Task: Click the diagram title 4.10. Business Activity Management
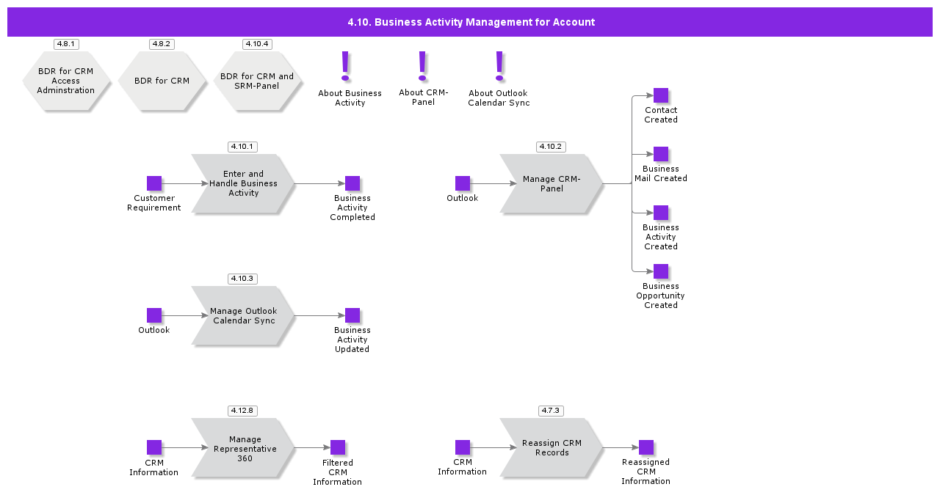coord(471,22)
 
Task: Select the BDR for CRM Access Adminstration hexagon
coord(66,81)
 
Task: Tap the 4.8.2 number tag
coord(162,44)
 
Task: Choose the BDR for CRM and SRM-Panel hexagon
coord(257,81)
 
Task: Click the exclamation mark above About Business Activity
coord(345,66)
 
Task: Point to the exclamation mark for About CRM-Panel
coord(422,66)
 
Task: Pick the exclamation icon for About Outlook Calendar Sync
coord(499,66)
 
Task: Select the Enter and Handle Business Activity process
coord(243,183)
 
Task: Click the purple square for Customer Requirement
coord(154,183)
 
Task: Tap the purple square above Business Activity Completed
coord(352,183)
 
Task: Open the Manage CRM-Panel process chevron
coord(552,183)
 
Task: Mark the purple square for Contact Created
coord(661,95)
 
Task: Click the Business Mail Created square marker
coord(661,154)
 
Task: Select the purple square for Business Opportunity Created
coord(661,271)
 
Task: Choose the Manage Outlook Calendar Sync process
coord(243,315)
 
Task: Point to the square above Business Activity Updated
coord(352,315)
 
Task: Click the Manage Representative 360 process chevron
coord(243,448)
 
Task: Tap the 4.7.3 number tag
coord(551,411)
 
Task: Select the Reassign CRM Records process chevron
coord(552,448)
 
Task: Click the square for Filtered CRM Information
coord(338,447)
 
